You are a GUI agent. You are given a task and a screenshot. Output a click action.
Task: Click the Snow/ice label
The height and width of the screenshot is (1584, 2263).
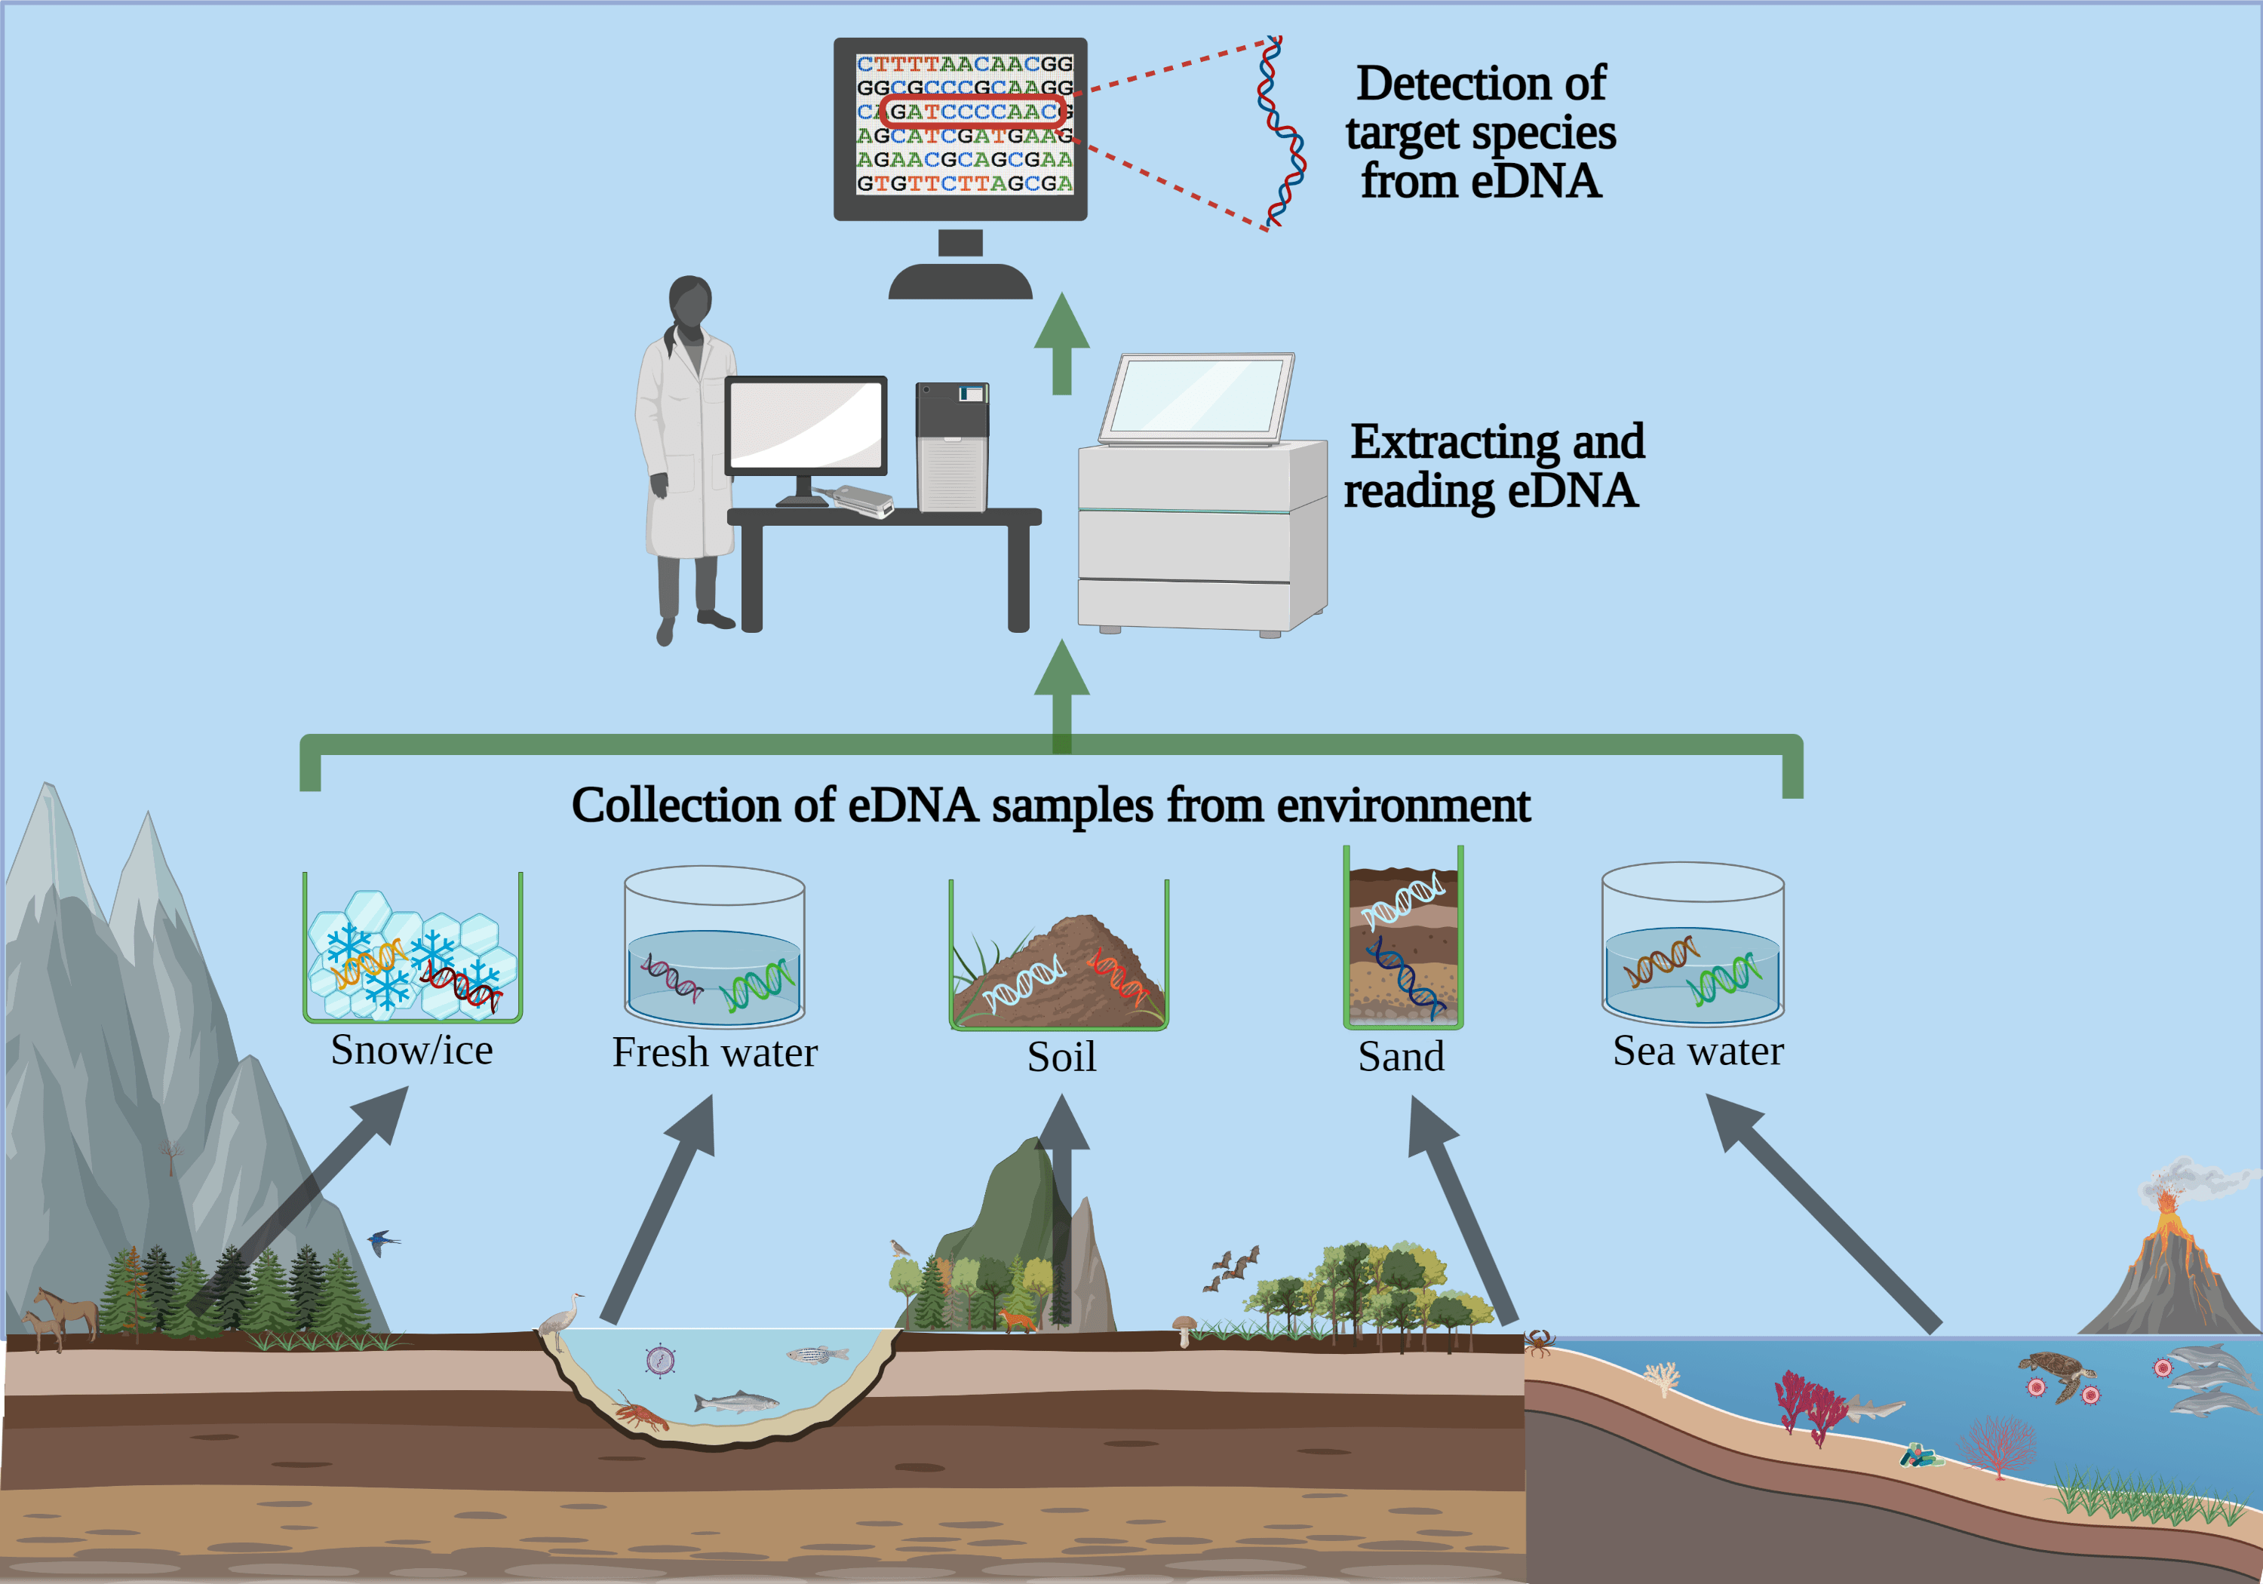point(411,1050)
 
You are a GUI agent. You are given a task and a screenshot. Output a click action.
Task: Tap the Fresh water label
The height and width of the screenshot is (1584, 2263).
point(714,1053)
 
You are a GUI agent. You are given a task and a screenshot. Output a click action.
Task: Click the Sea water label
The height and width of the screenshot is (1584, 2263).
point(1697,1051)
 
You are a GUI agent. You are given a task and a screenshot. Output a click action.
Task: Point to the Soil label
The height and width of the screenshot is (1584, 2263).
point(1061,1057)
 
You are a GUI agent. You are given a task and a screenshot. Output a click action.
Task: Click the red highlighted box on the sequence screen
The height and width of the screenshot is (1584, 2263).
point(971,112)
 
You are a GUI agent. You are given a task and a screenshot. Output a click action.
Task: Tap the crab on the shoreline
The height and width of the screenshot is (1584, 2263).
point(1540,1342)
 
